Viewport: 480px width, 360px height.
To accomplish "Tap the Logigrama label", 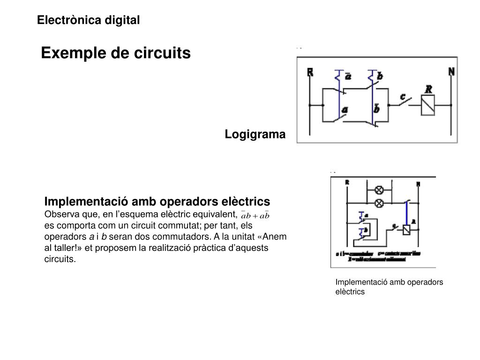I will pyautogui.click(x=255, y=135).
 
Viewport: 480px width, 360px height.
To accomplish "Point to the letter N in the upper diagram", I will pyautogui.click(x=451, y=72).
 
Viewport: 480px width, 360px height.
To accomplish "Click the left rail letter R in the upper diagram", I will pyautogui.click(x=310, y=72).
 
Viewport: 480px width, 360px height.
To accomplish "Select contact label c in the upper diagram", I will pyautogui.click(x=402, y=97).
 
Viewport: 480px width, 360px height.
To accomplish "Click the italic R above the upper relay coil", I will pyautogui.click(x=428, y=89).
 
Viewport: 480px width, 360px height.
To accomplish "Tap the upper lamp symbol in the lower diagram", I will pyautogui.click(x=379, y=190).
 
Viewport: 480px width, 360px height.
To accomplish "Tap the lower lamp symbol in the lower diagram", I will pyautogui.click(x=379, y=203).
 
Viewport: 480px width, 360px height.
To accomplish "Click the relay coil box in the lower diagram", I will pyautogui.click(x=406, y=229).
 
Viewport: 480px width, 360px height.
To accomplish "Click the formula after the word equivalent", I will pyautogui.click(x=255, y=216).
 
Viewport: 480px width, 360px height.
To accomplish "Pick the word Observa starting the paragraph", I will pyautogui.click(x=60, y=214).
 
